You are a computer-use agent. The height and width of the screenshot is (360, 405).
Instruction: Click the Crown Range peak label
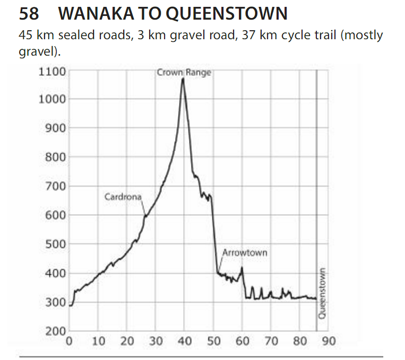[184, 73]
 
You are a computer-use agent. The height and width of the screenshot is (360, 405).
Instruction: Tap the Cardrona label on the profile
[123, 197]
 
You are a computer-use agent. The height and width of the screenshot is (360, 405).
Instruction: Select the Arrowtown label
[245, 252]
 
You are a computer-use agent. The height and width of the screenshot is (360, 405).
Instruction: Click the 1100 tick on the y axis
[52, 71]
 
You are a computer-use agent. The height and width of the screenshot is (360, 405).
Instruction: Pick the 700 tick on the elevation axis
[55, 186]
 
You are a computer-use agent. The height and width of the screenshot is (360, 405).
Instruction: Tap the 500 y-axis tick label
[55, 244]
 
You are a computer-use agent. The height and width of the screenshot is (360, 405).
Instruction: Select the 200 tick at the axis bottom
[55, 332]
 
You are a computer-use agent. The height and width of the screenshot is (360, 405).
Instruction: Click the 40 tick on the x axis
[185, 341]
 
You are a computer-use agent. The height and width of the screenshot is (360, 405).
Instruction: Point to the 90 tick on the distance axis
[328, 341]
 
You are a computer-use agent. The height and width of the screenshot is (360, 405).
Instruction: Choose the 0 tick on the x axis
[68, 341]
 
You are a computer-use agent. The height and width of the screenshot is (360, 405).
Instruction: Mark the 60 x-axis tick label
[242, 341]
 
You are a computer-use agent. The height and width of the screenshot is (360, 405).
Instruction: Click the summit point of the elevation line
[183, 78]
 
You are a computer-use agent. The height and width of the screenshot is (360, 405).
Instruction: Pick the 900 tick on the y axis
[55, 128]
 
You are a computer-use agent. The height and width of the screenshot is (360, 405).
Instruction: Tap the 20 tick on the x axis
[127, 341]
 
